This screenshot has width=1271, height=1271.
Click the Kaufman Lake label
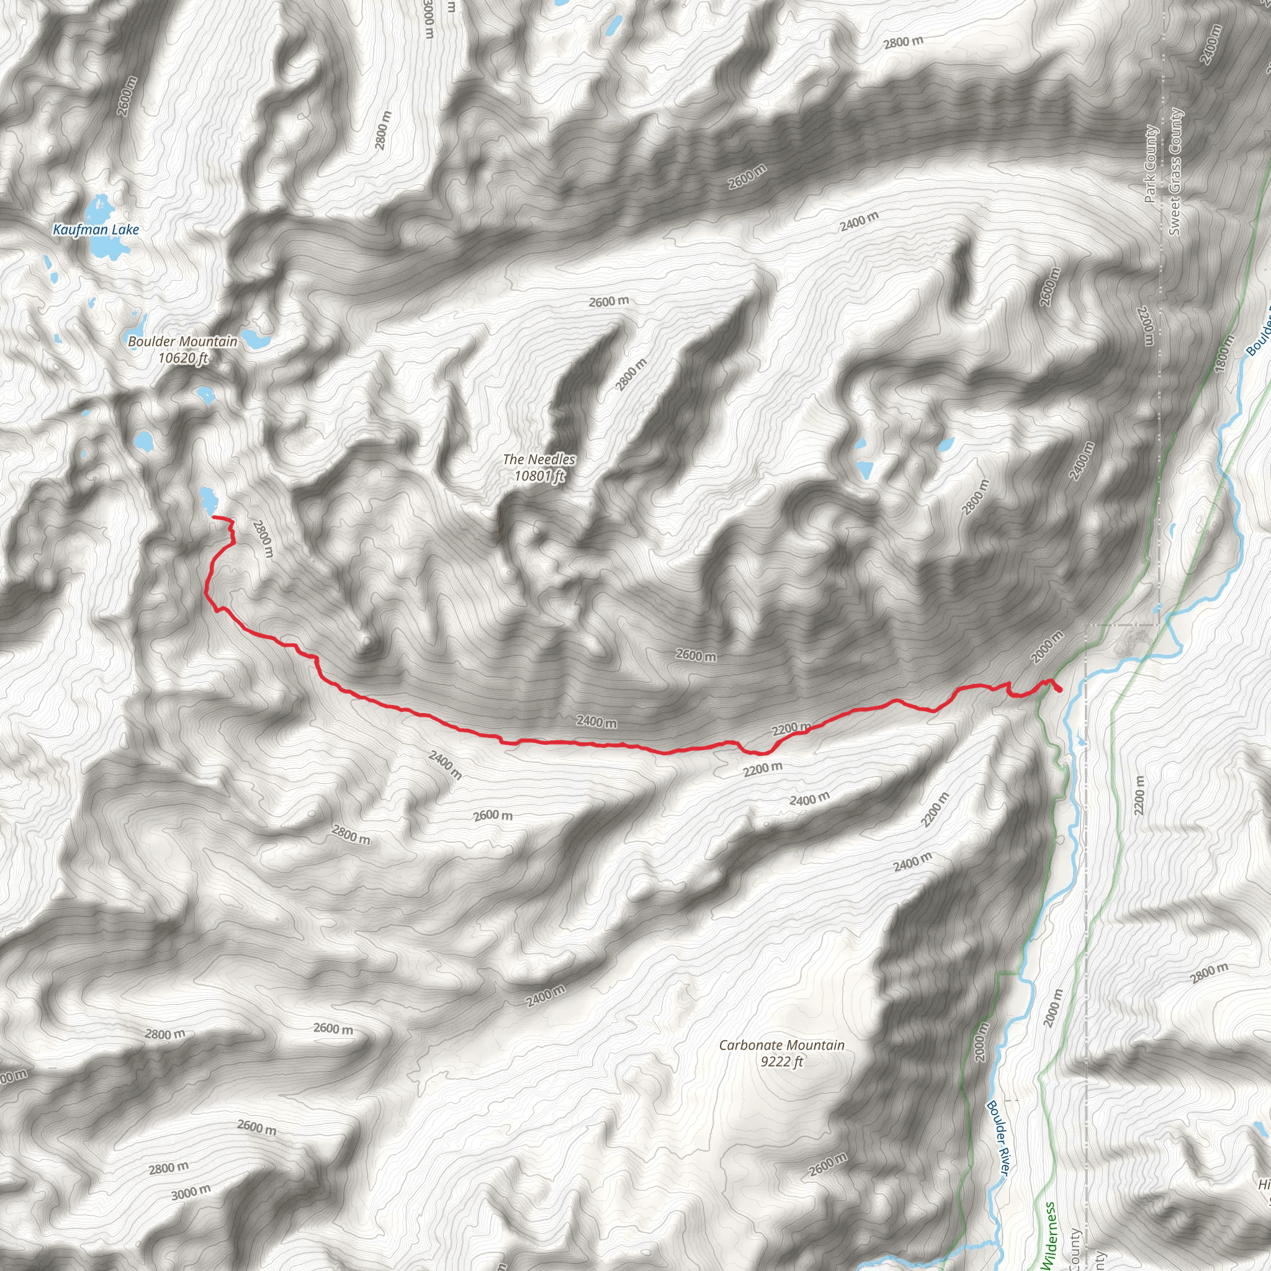pyautogui.click(x=96, y=230)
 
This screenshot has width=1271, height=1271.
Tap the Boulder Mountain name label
pyautogui.click(x=182, y=341)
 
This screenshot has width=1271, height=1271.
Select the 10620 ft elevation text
pyautogui.click(x=183, y=358)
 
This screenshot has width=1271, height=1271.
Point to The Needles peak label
pyautogui.click(x=539, y=459)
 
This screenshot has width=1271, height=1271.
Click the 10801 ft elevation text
pyautogui.click(x=539, y=475)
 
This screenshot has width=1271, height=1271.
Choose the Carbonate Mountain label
pyautogui.click(x=781, y=1044)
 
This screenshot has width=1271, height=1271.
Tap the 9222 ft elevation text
pyautogui.click(x=781, y=1061)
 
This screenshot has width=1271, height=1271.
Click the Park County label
pyautogui.click(x=1150, y=164)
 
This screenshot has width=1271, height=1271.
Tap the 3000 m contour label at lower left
pyautogui.click(x=191, y=1192)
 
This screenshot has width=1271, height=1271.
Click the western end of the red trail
pyautogui.click(x=214, y=518)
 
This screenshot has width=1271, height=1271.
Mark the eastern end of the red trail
pyautogui.click(x=1061, y=690)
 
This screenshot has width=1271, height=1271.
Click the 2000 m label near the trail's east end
pyautogui.click(x=1047, y=647)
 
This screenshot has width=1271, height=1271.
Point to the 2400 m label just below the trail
pyautogui.click(x=596, y=722)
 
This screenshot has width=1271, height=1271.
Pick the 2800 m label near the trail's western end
pyautogui.click(x=263, y=539)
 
